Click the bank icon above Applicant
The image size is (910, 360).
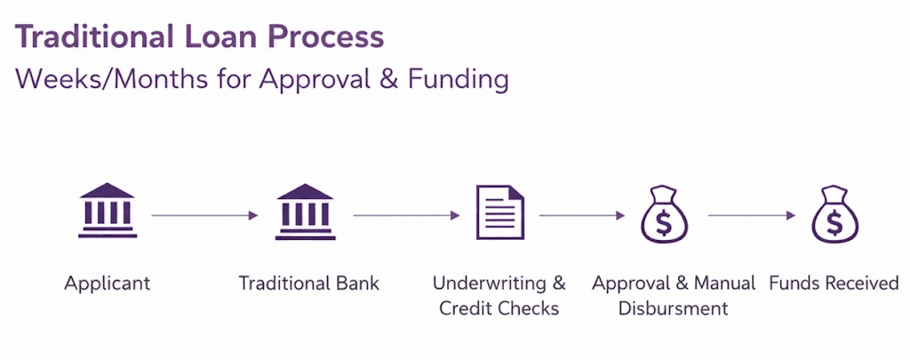coord(107,211)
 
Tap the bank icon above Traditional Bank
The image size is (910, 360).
coord(305,211)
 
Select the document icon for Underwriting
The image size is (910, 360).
coord(499,212)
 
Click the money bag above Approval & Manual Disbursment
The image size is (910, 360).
coord(664,214)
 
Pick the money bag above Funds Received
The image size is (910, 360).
coord(834,214)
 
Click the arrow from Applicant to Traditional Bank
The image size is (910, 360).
coord(204,215)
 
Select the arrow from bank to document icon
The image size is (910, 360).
coord(406,215)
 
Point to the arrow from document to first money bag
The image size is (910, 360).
coord(582,215)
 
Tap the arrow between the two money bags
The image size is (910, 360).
coord(751,215)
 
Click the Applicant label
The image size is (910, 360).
coord(107,284)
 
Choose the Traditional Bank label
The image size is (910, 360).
coord(308,284)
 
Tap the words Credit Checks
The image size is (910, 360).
coord(499,308)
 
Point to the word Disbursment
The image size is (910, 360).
coord(674,308)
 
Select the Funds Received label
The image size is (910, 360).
coord(834,284)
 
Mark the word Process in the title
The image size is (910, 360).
coord(325,37)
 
